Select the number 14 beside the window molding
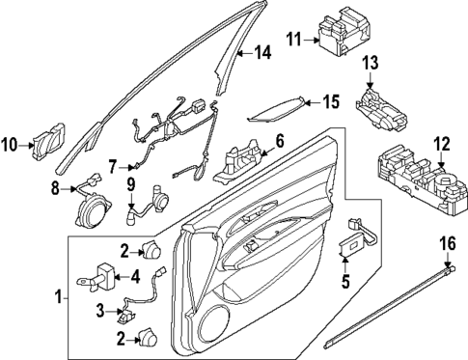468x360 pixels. point(262,52)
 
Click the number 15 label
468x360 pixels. point(331,100)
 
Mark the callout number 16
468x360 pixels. point(446,245)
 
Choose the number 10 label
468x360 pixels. point(10,146)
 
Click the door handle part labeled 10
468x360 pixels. point(47,146)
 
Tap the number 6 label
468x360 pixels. point(279,142)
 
